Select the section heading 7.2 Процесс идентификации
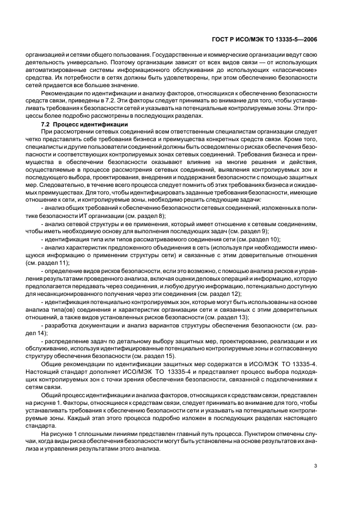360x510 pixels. coord(72,124)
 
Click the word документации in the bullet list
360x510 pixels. coord(91,324)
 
